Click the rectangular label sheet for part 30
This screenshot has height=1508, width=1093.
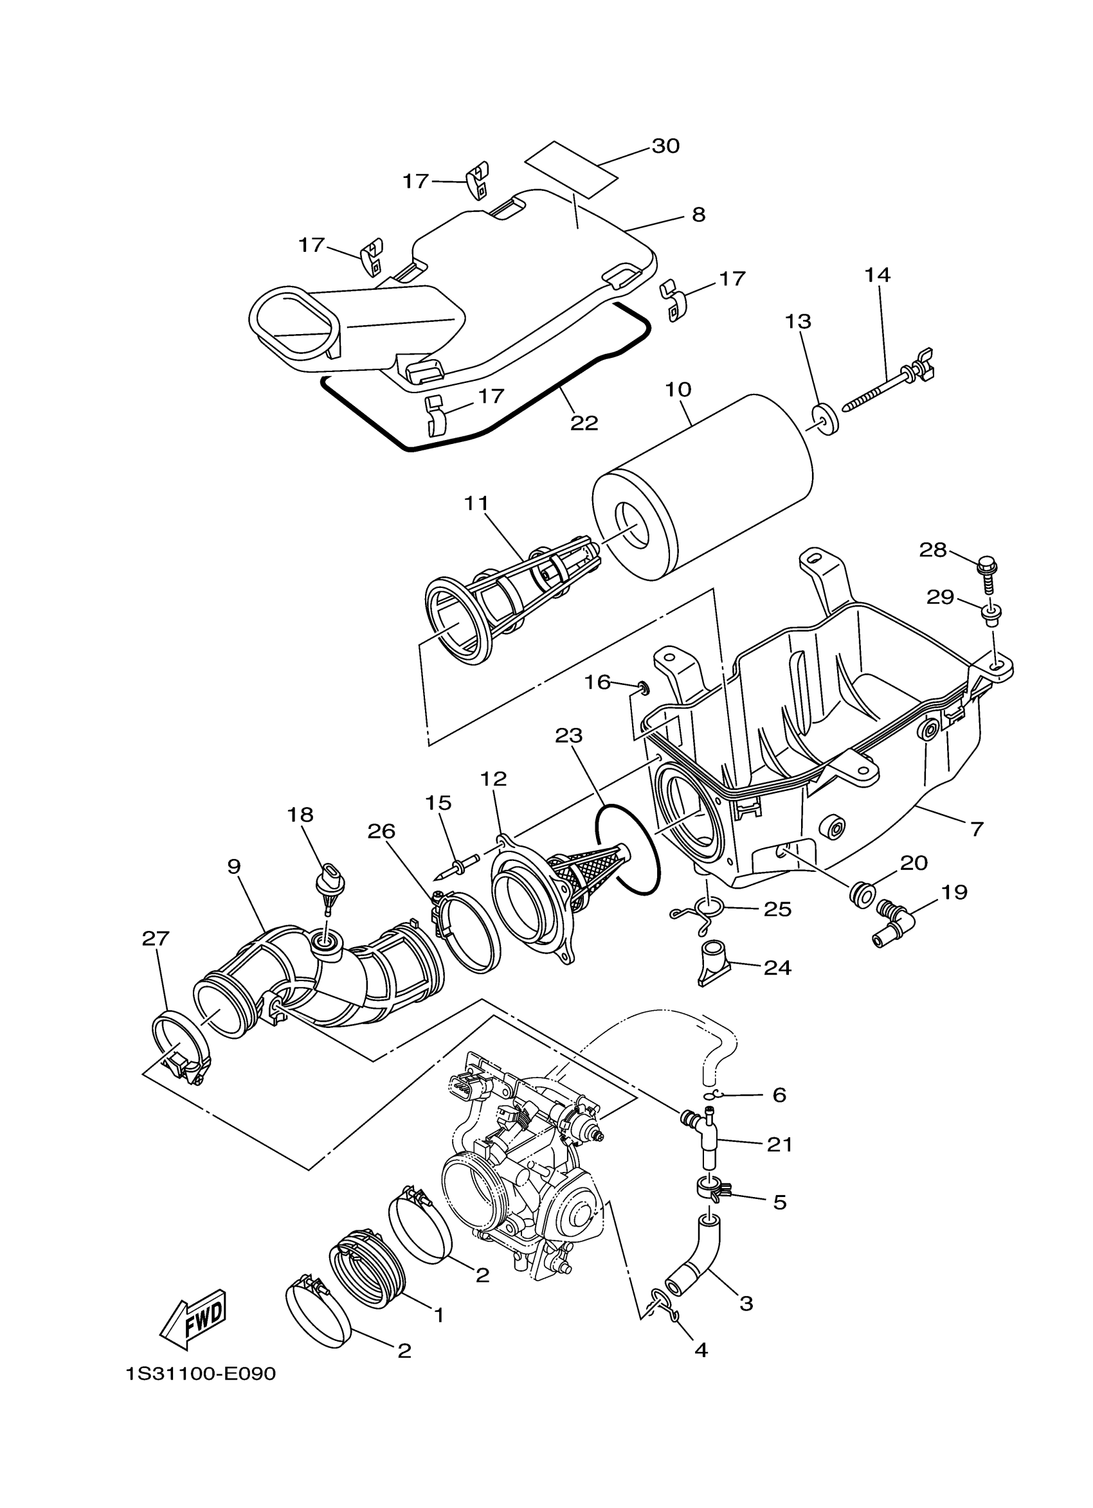tap(570, 169)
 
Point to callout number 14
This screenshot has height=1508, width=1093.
tap(878, 275)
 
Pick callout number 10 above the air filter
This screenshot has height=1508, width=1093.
tap(678, 389)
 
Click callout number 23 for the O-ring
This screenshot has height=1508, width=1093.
tap(569, 736)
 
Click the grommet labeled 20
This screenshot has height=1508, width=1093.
tap(861, 893)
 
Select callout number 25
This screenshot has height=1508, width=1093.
tap(778, 909)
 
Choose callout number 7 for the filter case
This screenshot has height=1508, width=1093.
tap(977, 829)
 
